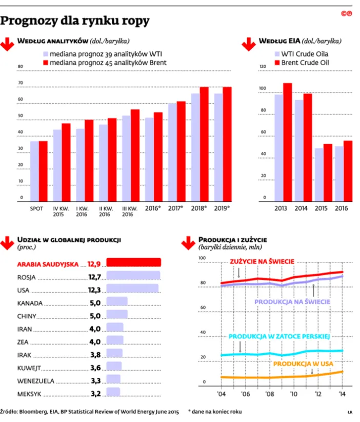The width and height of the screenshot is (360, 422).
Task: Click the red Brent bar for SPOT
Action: coord(43,170)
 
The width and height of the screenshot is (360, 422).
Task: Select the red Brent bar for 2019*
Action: coord(227,143)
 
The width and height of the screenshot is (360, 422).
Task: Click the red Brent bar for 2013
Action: coord(287,141)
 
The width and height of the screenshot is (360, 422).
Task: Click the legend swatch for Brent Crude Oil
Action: coord(278,63)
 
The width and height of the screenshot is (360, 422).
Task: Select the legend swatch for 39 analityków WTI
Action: coord(45,54)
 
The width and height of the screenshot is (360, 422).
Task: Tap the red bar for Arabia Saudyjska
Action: coord(133,263)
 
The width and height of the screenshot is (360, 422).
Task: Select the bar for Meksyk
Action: coord(112,394)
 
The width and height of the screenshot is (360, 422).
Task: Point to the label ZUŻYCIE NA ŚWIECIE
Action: coord(262,261)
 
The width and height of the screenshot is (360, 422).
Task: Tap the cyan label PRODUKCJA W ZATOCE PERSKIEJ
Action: coord(278,337)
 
